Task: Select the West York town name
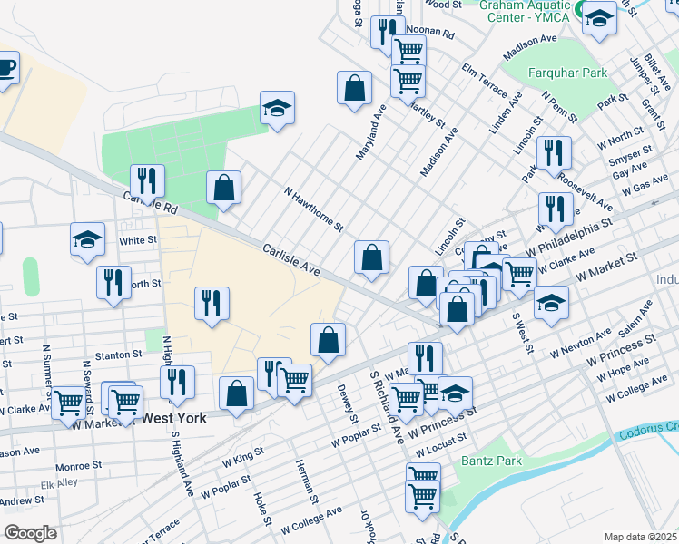tap(174, 419)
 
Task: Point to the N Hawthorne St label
tap(313, 209)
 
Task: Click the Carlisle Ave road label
tap(291, 259)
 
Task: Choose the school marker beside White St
tap(87, 240)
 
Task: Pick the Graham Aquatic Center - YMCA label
tap(526, 10)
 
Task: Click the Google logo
tap(30, 533)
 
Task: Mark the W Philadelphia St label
tap(569, 234)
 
